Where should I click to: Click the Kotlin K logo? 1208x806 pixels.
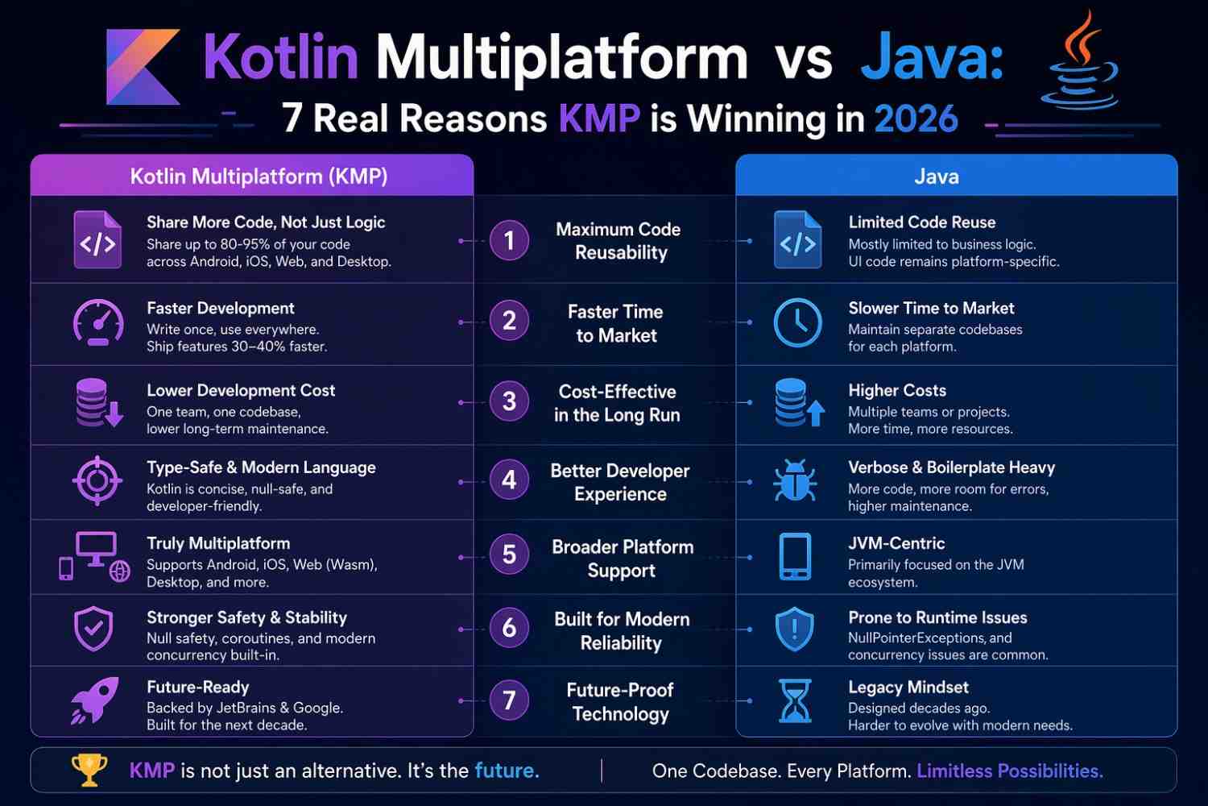click(x=143, y=68)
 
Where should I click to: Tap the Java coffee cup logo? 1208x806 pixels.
click(x=1079, y=64)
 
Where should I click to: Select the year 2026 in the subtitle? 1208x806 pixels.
click(x=916, y=119)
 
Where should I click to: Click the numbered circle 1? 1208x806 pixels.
click(x=509, y=240)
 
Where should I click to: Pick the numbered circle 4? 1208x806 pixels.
click(x=509, y=480)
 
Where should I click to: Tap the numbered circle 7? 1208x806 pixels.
click(x=509, y=700)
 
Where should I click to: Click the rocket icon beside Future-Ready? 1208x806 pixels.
click(x=95, y=700)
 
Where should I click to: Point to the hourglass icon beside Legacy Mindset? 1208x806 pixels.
click(x=795, y=700)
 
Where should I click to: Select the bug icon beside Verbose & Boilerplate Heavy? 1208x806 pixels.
click(x=795, y=480)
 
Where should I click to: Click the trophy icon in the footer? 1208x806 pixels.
click(x=89, y=770)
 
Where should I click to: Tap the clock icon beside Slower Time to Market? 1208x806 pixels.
click(x=797, y=322)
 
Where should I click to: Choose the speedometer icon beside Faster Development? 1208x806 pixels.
click(x=98, y=322)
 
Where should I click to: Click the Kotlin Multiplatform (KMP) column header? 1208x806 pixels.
click(x=259, y=176)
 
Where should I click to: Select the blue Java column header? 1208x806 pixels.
click(x=956, y=176)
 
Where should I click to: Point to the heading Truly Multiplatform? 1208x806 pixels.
click(x=218, y=543)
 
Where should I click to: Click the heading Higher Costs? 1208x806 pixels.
click(x=896, y=390)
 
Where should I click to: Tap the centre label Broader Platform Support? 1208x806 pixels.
click(x=622, y=558)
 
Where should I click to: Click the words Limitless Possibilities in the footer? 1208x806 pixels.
click(x=1009, y=771)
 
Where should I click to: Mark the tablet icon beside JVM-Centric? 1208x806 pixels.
click(x=795, y=556)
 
